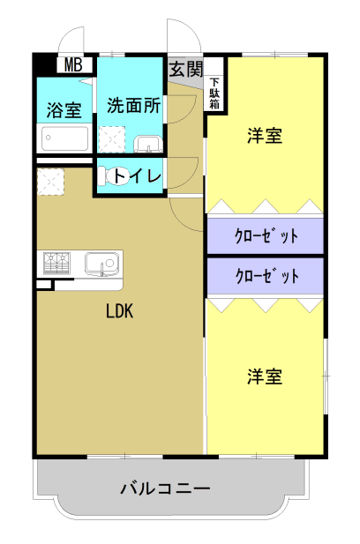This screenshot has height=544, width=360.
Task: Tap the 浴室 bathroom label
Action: coord(64,110)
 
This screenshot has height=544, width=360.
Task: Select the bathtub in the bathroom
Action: coord(64,138)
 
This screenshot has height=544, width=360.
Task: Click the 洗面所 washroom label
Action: coord(134,105)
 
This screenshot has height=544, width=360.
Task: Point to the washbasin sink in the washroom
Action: coord(148,144)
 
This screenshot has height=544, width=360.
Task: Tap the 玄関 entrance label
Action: coord(185,69)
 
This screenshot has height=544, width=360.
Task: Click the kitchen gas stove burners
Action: coord(56,263)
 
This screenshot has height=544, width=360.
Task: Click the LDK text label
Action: coord(119,311)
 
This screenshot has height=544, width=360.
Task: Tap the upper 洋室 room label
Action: coord(265,135)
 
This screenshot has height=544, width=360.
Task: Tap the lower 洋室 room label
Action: coord(265,376)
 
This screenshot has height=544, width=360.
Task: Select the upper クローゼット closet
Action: coord(266,235)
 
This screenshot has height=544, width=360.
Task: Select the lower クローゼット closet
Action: coord(266,277)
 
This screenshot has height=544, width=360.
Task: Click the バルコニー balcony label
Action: coord(165,488)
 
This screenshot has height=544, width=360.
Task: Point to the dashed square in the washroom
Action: coord(112,139)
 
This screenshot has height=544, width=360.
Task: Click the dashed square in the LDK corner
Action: coord(50,182)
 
